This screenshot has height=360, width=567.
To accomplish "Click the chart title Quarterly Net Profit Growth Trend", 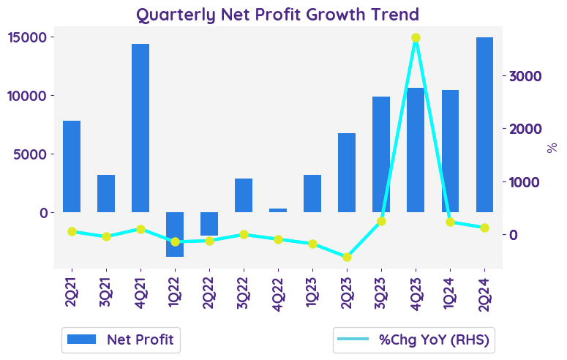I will [277, 14].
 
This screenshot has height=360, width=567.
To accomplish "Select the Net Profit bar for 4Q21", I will [140, 128].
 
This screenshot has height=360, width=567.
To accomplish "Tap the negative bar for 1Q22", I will [175, 234].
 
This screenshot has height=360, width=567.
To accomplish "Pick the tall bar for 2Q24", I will [484, 124].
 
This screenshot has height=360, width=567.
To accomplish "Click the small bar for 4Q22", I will [278, 210].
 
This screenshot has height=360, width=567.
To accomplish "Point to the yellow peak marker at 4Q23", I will [416, 38].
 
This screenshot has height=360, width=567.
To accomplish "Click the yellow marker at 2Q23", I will [347, 257].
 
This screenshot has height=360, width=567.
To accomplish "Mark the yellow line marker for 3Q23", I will [381, 221].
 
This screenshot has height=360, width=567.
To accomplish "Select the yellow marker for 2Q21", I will [72, 231].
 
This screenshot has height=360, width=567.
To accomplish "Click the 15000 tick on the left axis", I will [29, 37].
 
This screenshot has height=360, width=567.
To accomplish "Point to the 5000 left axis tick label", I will [32, 154].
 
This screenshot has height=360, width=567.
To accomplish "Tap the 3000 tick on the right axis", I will [525, 76].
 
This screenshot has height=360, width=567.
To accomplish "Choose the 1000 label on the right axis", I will [525, 182].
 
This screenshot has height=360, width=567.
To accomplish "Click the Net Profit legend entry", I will [121, 339].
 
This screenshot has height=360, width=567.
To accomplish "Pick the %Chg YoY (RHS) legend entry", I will [413, 339].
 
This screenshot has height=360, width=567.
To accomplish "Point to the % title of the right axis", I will [552, 147].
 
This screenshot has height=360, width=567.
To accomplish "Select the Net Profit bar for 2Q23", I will [347, 173].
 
